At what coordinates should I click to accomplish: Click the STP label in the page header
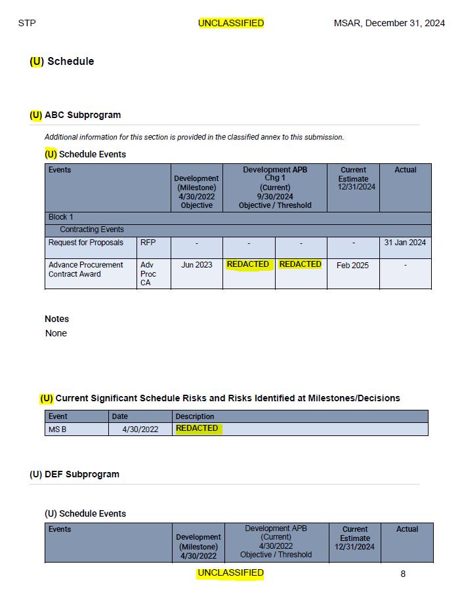click(x=27, y=23)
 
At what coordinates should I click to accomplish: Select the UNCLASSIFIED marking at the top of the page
click(x=231, y=23)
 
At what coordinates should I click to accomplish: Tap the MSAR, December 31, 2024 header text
click(x=389, y=23)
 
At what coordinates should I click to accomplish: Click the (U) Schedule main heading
click(x=62, y=61)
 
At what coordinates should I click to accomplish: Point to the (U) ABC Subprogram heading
click(x=75, y=115)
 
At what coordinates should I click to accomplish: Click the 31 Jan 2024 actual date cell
click(x=405, y=243)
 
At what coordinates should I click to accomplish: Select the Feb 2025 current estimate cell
click(x=353, y=266)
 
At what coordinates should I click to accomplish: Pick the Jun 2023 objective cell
click(x=196, y=265)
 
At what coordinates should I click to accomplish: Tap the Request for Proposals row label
click(x=86, y=243)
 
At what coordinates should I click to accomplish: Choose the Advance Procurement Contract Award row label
click(x=86, y=269)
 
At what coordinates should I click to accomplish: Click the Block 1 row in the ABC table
click(x=61, y=217)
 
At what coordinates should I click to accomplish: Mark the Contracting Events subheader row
click(x=92, y=229)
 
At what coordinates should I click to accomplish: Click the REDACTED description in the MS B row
click(x=197, y=428)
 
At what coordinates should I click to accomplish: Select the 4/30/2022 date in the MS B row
click(x=140, y=429)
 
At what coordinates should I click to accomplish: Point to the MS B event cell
click(x=58, y=429)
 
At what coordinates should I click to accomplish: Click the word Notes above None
click(x=56, y=319)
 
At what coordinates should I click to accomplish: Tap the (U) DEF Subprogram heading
click(x=74, y=474)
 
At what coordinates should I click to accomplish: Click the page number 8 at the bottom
click(x=403, y=574)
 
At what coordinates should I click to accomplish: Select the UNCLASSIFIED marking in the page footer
click(x=231, y=573)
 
